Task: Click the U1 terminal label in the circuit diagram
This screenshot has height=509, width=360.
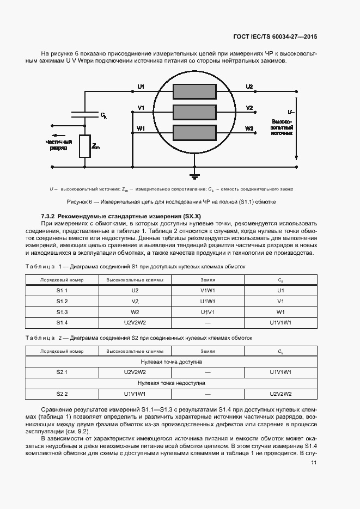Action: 141,87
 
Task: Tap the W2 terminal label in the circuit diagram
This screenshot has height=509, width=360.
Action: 249,128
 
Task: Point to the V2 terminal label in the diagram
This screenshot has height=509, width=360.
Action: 249,108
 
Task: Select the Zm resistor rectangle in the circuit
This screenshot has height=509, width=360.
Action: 84,146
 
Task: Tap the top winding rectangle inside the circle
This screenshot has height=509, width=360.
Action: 194,91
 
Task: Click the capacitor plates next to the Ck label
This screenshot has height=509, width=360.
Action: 84,115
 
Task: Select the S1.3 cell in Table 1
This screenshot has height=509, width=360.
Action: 62,312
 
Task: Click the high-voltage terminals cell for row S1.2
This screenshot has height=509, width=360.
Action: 135,301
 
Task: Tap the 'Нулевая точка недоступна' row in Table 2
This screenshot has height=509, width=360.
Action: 172,383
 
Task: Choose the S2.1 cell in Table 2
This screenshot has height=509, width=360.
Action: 62,372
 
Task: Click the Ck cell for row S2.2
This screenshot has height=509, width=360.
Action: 280,394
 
